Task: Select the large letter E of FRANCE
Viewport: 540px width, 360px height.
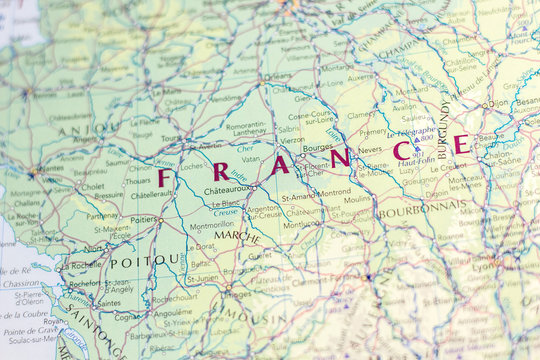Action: (460, 144)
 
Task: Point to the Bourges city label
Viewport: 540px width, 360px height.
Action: (316, 147)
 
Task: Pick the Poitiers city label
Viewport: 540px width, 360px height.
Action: (143, 219)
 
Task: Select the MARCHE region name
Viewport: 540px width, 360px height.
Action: (236, 237)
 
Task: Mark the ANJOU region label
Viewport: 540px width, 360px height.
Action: (75, 130)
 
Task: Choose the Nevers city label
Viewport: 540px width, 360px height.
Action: (370, 150)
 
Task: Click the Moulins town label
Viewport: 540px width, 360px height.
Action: (356, 200)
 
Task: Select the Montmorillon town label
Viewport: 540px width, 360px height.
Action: (211, 225)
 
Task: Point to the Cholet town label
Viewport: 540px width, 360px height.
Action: (92, 186)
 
